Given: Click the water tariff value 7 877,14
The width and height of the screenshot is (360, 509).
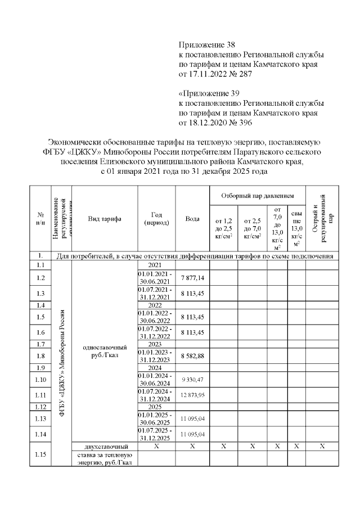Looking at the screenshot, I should point(192,278).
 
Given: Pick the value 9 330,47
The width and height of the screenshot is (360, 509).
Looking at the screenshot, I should point(192,379).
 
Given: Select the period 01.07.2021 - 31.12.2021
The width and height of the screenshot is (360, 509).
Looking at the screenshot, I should point(156,293).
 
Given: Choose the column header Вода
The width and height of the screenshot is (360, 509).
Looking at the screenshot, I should point(192,219).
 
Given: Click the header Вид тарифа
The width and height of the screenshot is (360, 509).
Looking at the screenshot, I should point(105,219).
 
